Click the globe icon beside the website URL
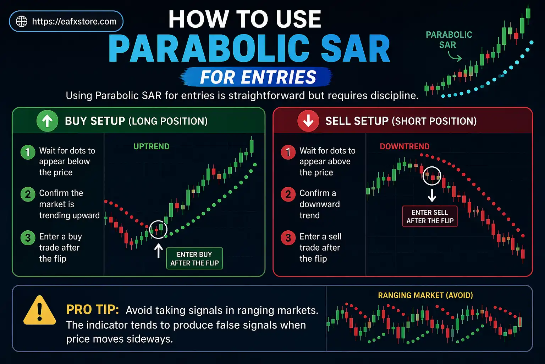tap(22, 21)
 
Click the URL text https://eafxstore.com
tap(74, 21)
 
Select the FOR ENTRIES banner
tap(258, 77)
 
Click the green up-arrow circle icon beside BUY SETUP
tap(47, 121)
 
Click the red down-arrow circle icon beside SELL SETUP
tap(308, 121)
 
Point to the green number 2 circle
tap(28, 194)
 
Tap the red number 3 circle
tap(288, 238)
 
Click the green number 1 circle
tap(28, 152)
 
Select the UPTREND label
tap(152, 146)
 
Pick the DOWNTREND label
tap(404, 146)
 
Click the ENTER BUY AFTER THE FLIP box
tap(194, 258)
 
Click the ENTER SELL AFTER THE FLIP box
tap(430, 216)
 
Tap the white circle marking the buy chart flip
tap(158, 229)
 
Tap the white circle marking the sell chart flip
tap(432, 176)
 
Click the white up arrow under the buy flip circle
tap(159, 251)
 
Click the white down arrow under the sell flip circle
tap(432, 195)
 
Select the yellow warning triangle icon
tap(39, 311)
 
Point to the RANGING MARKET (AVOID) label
tap(425, 295)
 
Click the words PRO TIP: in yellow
tap(93, 310)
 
